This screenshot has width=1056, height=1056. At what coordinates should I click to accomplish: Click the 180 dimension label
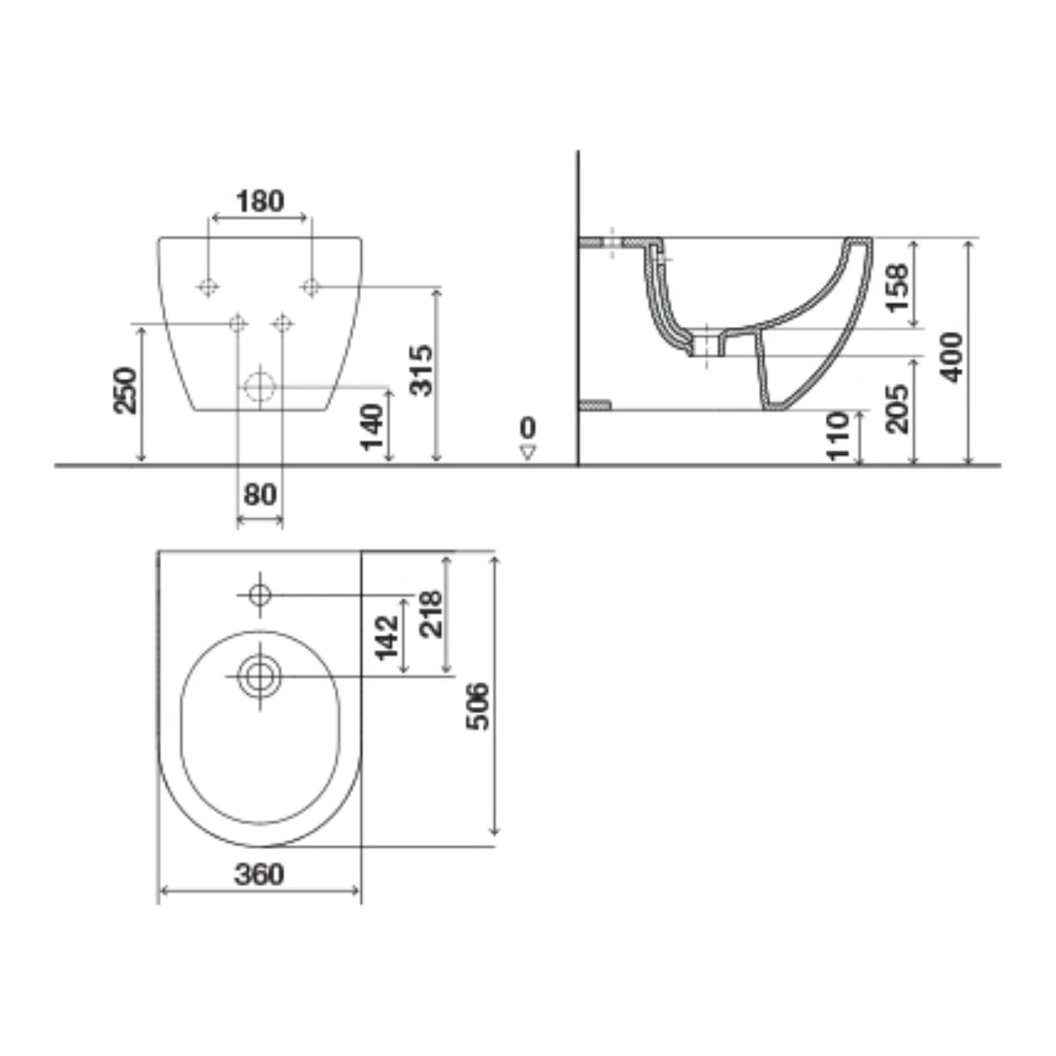[x=260, y=201]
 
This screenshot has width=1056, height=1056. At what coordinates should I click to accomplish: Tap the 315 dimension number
[x=421, y=370]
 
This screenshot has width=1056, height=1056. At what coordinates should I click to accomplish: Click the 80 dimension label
[x=260, y=495]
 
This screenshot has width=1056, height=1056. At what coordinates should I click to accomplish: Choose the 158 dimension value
[x=897, y=287]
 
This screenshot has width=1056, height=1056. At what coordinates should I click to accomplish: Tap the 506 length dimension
[x=479, y=705]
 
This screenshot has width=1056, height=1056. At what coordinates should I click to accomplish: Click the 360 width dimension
[x=260, y=874]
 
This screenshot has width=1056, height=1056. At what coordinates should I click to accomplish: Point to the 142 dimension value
[x=386, y=637]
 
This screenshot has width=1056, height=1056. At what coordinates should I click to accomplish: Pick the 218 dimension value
[x=430, y=614]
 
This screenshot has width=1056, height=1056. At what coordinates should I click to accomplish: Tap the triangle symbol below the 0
[x=528, y=452]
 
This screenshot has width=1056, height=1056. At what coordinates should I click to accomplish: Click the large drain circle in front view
[x=260, y=386]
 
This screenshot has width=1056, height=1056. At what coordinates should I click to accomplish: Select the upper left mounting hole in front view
[x=208, y=287]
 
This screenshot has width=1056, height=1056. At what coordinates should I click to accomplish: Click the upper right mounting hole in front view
[x=310, y=287]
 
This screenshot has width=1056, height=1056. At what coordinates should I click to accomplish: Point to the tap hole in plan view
[x=260, y=595]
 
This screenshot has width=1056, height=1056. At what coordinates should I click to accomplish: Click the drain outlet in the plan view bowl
[x=260, y=677]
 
